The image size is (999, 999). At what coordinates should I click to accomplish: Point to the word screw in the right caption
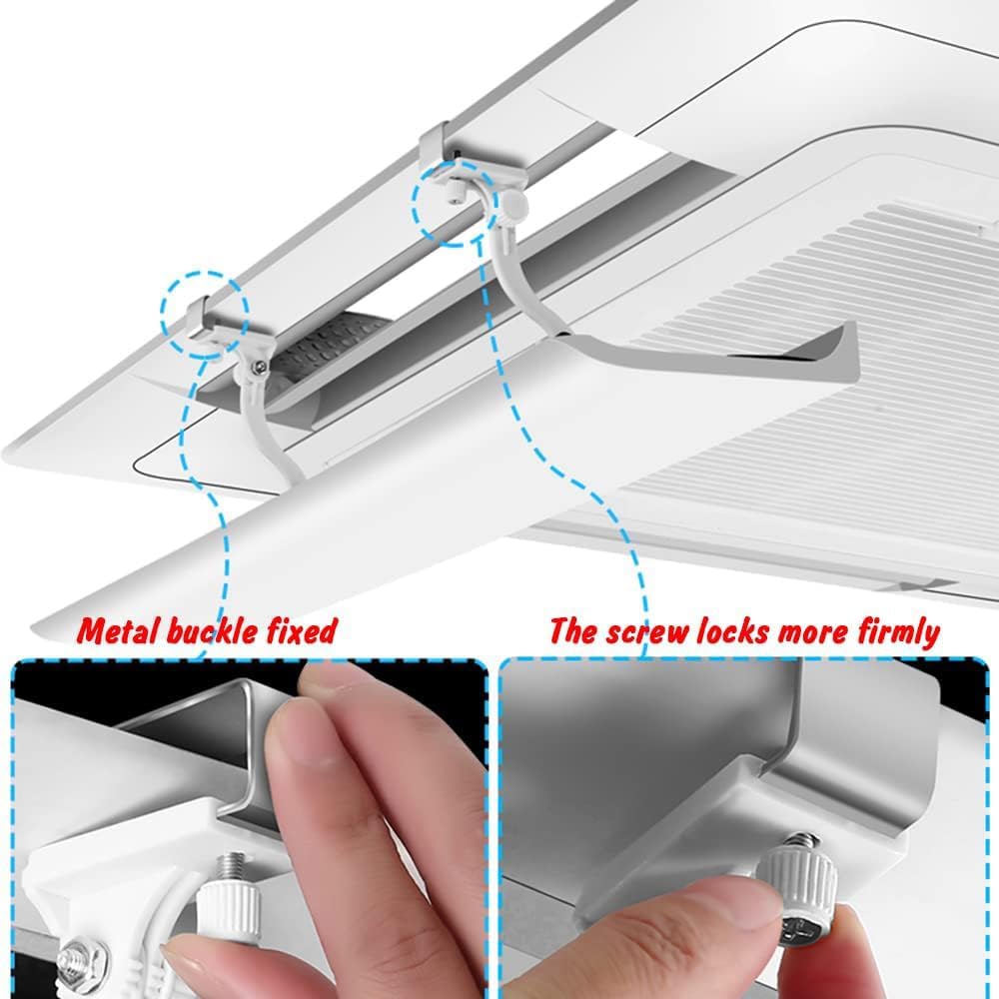click(x=641, y=631)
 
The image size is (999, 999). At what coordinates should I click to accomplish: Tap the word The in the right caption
click(x=573, y=631)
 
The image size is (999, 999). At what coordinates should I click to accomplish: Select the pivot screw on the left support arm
click(x=259, y=368)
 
